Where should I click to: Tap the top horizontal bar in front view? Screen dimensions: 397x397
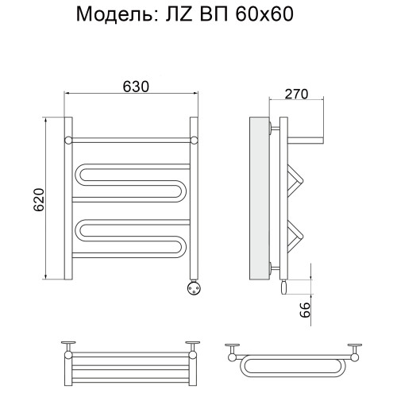click(130, 139)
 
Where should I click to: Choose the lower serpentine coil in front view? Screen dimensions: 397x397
click(131, 237)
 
